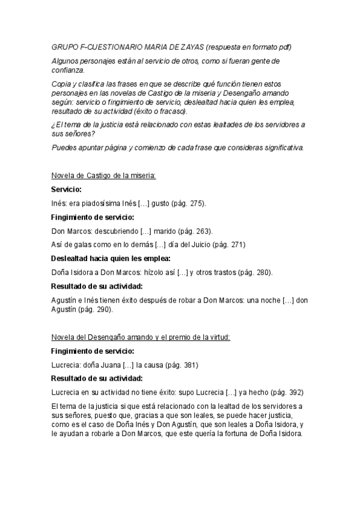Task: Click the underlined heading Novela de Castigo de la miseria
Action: pos(103,176)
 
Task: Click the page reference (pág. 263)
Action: pos(191,231)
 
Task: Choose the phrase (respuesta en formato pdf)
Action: pos(249,47)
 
